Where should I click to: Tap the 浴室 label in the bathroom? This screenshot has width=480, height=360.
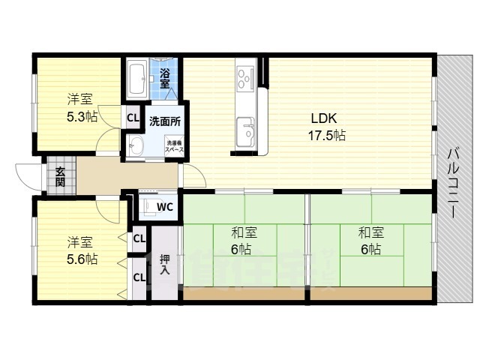pos(164,77)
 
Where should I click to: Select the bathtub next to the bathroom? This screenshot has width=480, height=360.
pos(136,78)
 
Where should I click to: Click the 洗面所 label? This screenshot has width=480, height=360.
pos(163,121)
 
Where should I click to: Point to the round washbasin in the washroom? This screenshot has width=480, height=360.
pos(136,145)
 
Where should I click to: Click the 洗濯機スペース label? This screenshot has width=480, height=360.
pos(174,146)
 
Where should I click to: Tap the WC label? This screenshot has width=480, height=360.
pos(166,206)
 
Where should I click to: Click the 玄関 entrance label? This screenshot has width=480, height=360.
pos(60,176)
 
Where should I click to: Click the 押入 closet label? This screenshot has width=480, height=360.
pos(164,263)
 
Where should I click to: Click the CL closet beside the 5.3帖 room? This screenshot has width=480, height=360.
pos(133,118)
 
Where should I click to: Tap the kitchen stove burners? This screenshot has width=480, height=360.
pos(246,76)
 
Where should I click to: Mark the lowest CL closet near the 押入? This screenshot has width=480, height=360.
pos(139,277)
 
